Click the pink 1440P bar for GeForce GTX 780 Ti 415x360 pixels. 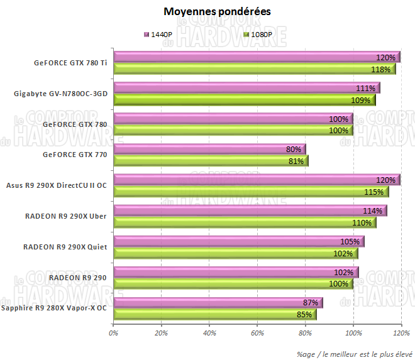click(252, 57)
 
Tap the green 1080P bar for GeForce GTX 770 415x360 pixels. click(207, 161)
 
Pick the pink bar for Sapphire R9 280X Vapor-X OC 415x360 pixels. click(214, 303)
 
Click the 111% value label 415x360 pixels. click(365, 89)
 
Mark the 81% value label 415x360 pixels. click(296, 161)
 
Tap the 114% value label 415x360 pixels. click(372, 211)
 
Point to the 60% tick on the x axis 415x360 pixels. click(257, 334)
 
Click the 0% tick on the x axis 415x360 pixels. click(114, 334)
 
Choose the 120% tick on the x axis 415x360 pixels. click(401, 334)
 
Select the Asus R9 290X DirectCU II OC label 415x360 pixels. click(56, 185)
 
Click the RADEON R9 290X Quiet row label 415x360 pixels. click(65, 247)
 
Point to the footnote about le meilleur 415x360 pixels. click(355, 352)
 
